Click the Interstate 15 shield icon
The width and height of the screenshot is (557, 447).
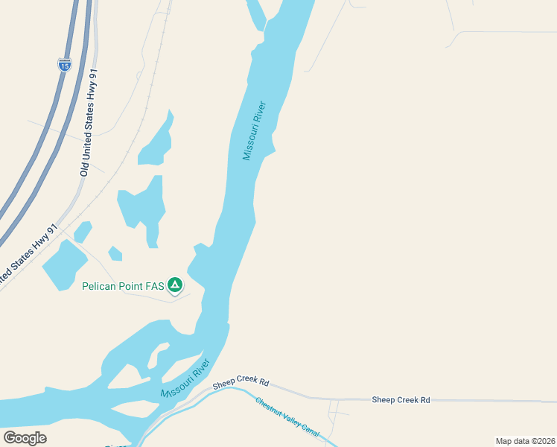tap(65, 65)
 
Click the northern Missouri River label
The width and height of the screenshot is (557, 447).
tap(255, 130)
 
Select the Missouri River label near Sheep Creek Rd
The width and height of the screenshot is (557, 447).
tap(185, 379)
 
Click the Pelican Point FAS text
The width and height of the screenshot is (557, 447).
tap(122, 285)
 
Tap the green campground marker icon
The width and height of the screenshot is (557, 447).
tap(175, 285)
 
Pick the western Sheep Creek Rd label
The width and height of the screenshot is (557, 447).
tap(241, 382)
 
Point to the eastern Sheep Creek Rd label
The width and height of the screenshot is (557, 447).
tap(401, 400)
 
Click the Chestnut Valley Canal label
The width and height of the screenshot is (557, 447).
tap(287, 418)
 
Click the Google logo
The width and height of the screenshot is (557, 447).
tap(25, 437)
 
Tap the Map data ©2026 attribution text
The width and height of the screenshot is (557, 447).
tap(525, 441)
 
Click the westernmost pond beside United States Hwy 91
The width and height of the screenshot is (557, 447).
tap(63, 264)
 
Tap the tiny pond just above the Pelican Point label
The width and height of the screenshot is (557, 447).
tap(115, 253)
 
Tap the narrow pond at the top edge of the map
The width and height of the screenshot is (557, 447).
tap(255, 13)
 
